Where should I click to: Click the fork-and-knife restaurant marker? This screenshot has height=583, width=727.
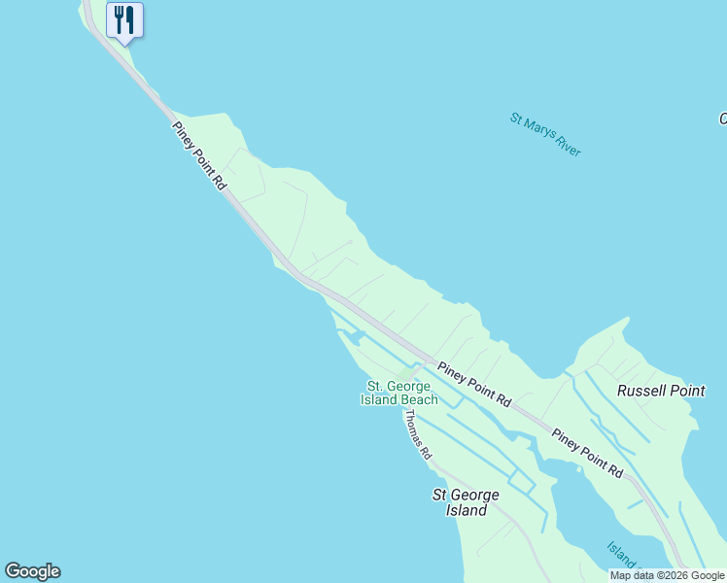124,19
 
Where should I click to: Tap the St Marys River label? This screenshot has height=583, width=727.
545,134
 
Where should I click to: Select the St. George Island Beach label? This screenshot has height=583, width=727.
398,393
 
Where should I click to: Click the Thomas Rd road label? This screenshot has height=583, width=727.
417,433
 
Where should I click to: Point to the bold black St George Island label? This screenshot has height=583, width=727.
466,502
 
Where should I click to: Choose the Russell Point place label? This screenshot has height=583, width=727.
661,391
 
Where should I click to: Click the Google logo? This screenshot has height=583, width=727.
32,571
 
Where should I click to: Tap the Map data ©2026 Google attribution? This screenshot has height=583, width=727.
668,575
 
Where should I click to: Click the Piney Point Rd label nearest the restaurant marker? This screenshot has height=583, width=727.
199,154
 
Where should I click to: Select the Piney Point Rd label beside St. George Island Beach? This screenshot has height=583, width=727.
474,384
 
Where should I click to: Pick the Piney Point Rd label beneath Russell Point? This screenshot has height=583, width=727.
587,453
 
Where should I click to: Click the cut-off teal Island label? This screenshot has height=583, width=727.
623,555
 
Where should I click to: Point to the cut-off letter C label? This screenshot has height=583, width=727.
722,119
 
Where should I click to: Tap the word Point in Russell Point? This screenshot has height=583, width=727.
687,391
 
